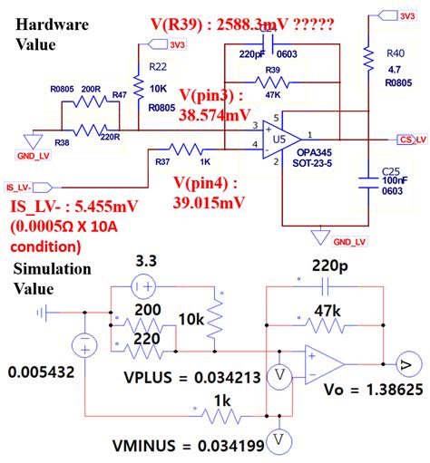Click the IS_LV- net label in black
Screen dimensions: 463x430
pos(20,188)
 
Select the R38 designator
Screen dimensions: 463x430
pos(62,143)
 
